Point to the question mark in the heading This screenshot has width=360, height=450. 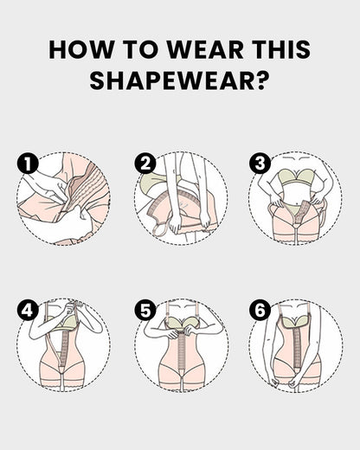coord(260,80)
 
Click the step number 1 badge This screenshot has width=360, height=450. coord(27,163)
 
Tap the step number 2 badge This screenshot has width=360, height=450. coord(144,163)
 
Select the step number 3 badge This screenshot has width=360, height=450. coord(259,163)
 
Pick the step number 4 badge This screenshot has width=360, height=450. coord(27,310)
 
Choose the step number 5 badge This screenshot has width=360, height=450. coord(144,310)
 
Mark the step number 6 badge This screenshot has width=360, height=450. coord(259,310)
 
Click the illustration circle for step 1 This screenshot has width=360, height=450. coord(65,199)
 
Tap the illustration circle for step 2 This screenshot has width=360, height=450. coord(181,199)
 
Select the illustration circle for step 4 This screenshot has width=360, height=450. coord(65,346)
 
